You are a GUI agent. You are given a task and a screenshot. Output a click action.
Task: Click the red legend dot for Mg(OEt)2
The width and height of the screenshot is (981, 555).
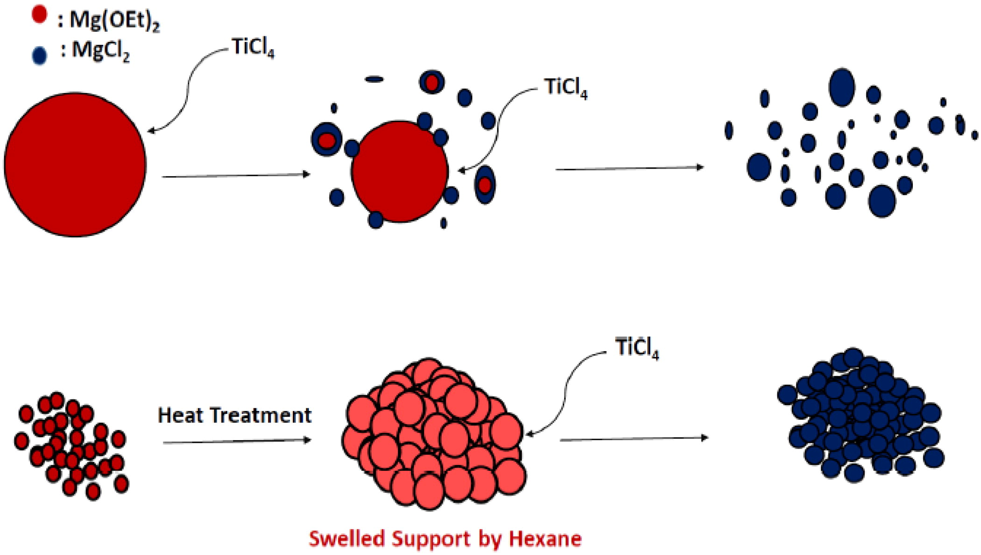[x=39, y=14]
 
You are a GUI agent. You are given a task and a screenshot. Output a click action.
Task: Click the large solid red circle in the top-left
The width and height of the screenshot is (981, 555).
[x=75, y=164]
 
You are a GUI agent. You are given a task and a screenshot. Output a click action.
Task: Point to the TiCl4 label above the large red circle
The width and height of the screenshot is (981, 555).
[x=253, y=48]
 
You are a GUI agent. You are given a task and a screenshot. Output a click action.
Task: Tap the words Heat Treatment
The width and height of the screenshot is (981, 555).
[x=235, y=415]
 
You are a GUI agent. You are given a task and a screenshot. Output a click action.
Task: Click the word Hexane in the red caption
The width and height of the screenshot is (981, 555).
[x=545, y=539]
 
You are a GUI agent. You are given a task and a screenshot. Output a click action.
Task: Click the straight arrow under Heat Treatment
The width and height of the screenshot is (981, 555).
[x=237, y=441]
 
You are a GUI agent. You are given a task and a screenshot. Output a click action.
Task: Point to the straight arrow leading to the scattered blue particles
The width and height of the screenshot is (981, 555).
[x=629, y=168]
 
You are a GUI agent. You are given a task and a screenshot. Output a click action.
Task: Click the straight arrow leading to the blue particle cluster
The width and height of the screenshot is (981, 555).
[x=634, y=439]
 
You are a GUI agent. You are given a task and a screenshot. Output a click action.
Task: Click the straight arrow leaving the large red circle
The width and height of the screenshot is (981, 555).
[x=236, y=176]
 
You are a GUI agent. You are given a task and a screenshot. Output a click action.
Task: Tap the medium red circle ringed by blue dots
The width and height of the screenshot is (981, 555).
[x=399, y=171]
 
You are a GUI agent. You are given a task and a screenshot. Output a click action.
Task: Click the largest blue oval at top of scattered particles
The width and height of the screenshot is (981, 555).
[x=841, y=87]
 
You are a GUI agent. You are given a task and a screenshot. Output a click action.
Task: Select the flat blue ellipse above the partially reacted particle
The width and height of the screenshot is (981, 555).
[x=374, y=79]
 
